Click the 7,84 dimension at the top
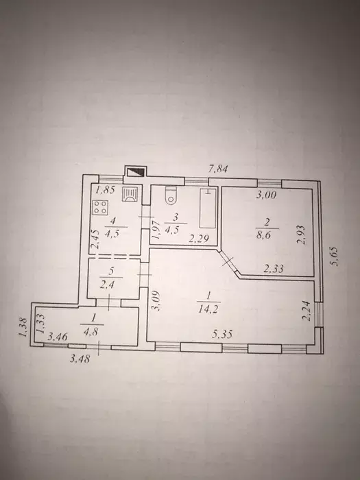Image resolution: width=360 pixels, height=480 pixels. point(218,169)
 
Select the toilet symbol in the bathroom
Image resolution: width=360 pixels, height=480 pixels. point(171,195)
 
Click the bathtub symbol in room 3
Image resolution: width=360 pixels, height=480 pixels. point(208,208)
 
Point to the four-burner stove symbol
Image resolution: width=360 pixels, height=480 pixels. point(100,206)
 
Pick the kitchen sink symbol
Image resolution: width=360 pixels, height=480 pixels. point(130,194)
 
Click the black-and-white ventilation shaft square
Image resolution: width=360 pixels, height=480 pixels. point(135,171)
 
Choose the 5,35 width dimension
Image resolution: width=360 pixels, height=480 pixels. point(222,334)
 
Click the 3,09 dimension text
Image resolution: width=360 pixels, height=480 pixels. point(156,300)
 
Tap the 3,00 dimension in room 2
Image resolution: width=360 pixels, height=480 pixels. point(266,194)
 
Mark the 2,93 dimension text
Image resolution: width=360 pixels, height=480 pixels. point(302,235)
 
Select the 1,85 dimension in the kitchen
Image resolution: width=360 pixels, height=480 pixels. point(105,190)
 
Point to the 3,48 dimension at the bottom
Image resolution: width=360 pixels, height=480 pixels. point(80,359)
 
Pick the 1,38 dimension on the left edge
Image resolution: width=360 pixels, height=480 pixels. point(23,327)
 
